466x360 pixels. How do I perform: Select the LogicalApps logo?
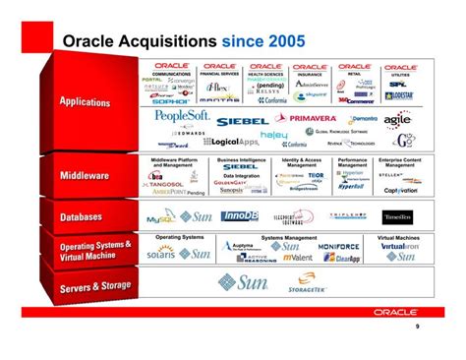click(230, 143)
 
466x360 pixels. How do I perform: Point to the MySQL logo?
click(159, 218)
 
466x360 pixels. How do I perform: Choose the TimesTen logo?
click(397, 215)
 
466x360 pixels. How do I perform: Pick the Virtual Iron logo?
click(400, 246)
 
